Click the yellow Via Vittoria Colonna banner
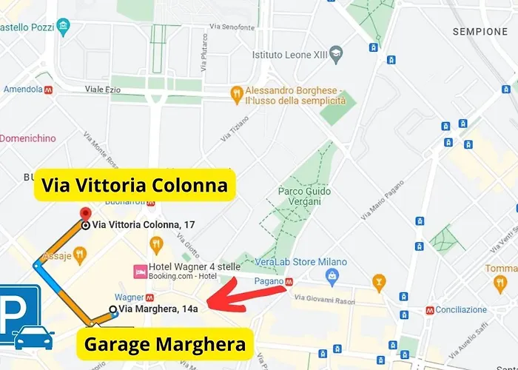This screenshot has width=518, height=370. pos(135,185)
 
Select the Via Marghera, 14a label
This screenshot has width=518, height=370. pos(158,309)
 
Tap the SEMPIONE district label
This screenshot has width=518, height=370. pos(480,32)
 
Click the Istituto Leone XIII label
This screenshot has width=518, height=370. pos(289,54)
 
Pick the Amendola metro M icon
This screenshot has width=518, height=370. pos(48,89)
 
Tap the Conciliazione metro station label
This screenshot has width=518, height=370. pos(461,310)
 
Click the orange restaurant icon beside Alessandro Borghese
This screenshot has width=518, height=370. pos(237,93)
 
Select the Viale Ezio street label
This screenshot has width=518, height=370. pos(103,89)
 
